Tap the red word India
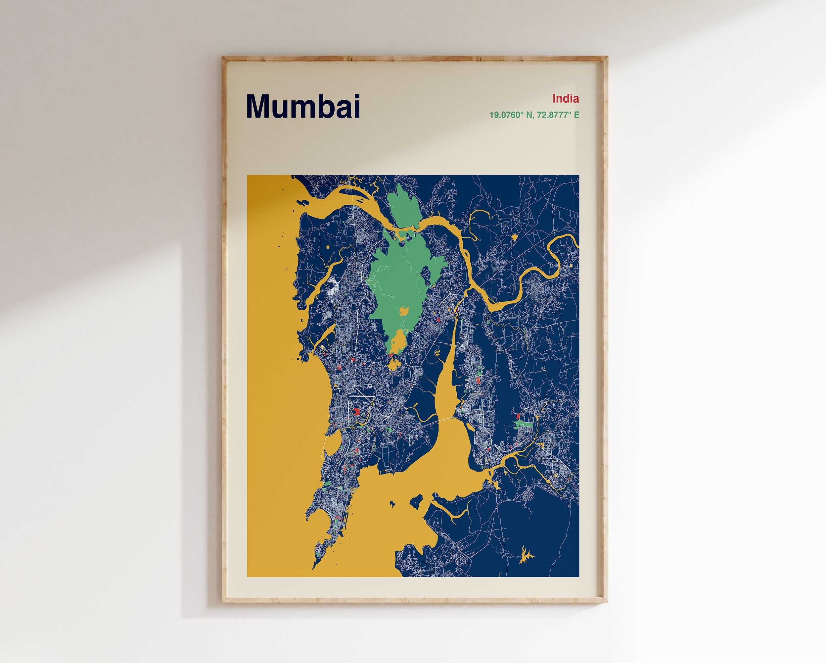(565, 99)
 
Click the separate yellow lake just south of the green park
(393, 363)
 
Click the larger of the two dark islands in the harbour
(416, 500)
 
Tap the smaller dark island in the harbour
(392, 503)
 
